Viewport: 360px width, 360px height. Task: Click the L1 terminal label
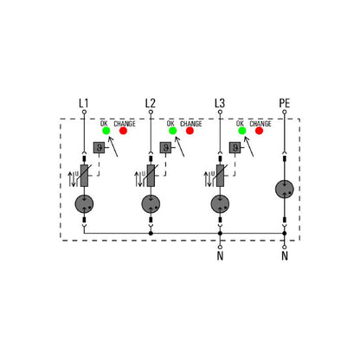(x=84, y=103)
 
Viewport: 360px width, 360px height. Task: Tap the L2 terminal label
(x=151, y=103)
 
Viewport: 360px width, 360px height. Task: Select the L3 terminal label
(x=220, y=103)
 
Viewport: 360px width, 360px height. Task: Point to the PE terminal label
(x=285, y=103)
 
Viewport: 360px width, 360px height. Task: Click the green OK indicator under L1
(x=106, y=131)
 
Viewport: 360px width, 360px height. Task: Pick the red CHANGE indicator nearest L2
(x=190, y=131)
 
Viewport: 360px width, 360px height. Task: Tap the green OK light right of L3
(x=242, y=131)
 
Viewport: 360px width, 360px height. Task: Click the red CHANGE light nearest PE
(x=260, y=131)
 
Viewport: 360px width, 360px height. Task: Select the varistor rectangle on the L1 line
(x=84, y=176)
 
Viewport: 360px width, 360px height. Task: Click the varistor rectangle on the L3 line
(x=220, y=176)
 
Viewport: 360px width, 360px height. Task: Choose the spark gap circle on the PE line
(x=285, y=190)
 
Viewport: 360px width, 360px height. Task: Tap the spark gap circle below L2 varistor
(x=151, y=204)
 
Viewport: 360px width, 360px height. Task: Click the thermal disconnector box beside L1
(x=99, y=148)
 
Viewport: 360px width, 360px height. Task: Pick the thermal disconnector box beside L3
(x=235, y=148)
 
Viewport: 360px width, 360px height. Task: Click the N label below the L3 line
(x=220, y=256)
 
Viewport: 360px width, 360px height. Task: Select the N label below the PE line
(x=285, y=256)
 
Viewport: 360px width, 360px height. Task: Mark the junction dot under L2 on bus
(x=151, y=233)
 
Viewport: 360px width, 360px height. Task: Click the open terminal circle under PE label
(x=285, y=112)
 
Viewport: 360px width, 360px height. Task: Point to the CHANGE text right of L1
(x=125, y=124)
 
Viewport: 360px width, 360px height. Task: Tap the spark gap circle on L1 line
(x=84, y=204)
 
